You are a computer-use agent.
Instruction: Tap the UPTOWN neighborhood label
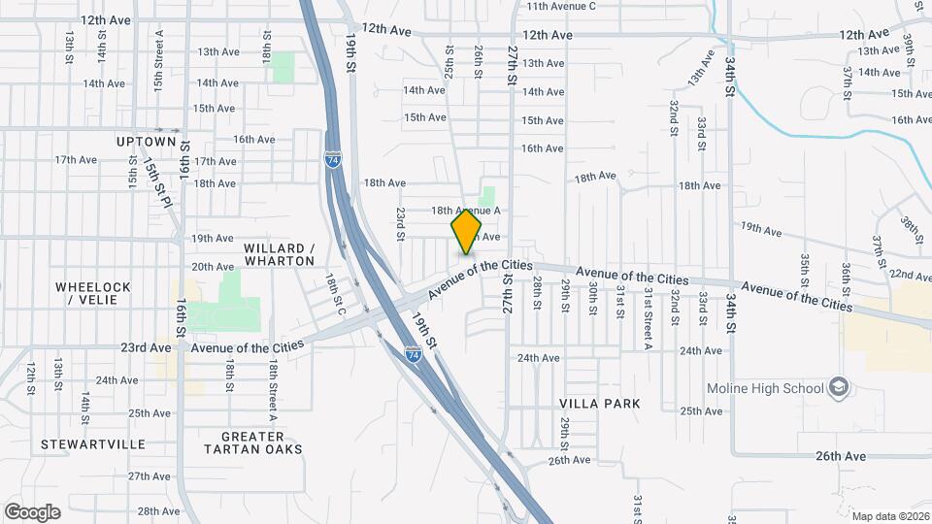click(x=147, y=141)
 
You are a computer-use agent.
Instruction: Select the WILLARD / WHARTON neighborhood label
click(x=280, y=254)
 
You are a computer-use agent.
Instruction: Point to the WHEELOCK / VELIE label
click(x=92, y=292)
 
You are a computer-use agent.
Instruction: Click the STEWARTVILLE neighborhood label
click(x=93, y=444)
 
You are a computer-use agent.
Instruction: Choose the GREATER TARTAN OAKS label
click(x=253, y=442)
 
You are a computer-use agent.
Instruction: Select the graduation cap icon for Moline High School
click(x=838, y=389)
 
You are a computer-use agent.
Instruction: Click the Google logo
click(x=32, y=512)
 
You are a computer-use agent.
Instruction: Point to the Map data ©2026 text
click(x=889, y=515)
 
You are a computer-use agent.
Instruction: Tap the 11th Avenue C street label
click(x=560, y=6)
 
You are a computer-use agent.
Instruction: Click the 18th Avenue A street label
click(x=466, y=211)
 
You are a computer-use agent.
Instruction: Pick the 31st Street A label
click(x=647, y=317)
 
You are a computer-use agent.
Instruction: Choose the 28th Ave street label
click(x=158, y=510)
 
